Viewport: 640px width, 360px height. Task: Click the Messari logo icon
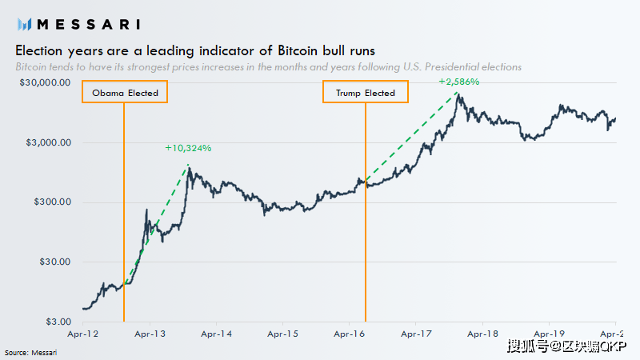25,24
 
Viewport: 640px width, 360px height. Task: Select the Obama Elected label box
124,93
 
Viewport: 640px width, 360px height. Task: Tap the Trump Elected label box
365,93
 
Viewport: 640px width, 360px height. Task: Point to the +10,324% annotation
188,148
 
